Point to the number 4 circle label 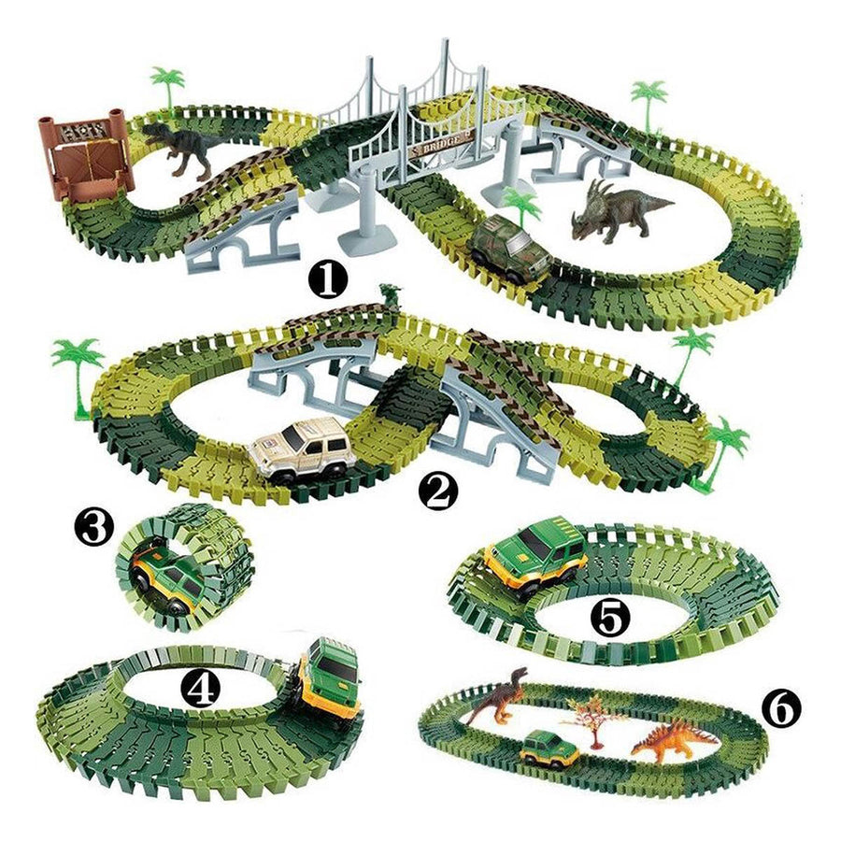click(203, 690)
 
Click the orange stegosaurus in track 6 click(673, 738)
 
